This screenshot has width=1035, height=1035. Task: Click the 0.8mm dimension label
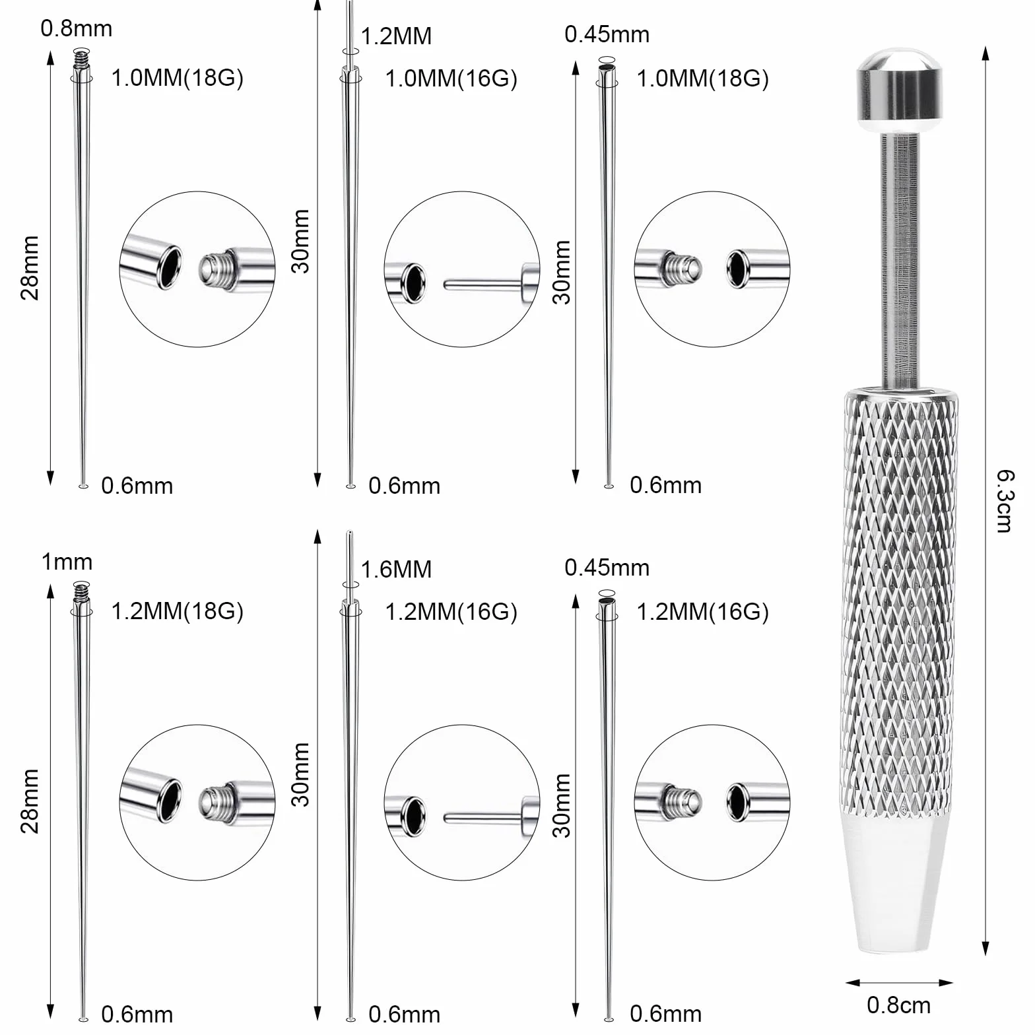(x=77, y=28)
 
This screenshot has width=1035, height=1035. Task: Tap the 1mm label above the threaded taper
(x=67, y=562)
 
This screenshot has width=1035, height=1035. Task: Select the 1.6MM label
(x=396, y=569)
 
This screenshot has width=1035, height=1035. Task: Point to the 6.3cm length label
(x=1004, y=500)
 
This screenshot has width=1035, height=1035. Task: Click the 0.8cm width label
(x=898, y=1005)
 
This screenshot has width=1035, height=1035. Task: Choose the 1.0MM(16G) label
(x=451, y=79)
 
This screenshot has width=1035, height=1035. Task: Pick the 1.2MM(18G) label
(x=178, y=611)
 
